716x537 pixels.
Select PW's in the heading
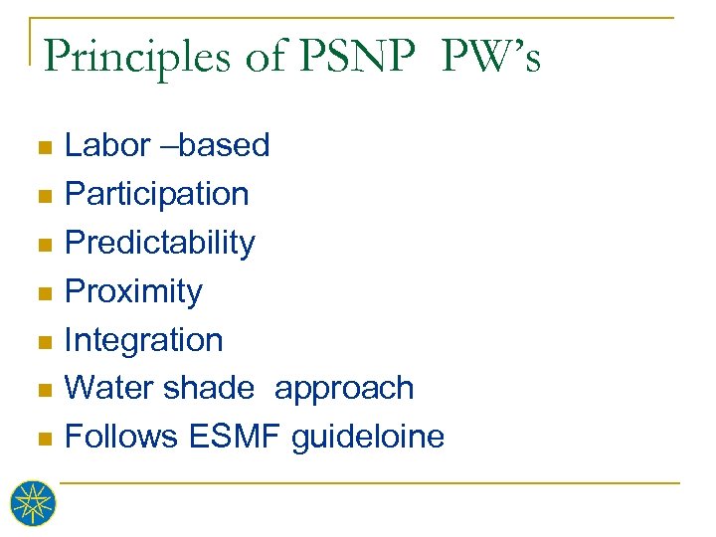pyautogui.click(x=490, y=58)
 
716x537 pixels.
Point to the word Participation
pyautogui.click(x=156, y=194)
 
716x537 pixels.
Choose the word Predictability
pyautogui.click(x=159, y=243)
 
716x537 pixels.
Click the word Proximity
pyautogui.click(x=133, y=291)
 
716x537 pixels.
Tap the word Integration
pyautogui.click(x=143, y=340)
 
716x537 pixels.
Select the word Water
pyautogui.click(x=106, y=388)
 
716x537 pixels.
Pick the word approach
pyautogui.click(x=344, y=389)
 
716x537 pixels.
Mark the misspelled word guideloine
pyautogui.click(x=368, y=437)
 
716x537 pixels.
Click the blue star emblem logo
pyautogui.click(x=34, y=503)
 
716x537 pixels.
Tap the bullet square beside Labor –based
pyautogui.click(x=42, y=148)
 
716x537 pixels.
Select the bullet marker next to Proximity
pyautogui.click(x=42, y=294)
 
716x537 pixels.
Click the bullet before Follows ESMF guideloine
pyautogui.click(x=42, y=439)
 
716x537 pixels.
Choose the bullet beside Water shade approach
pyautogui.click(x=42, y=391)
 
